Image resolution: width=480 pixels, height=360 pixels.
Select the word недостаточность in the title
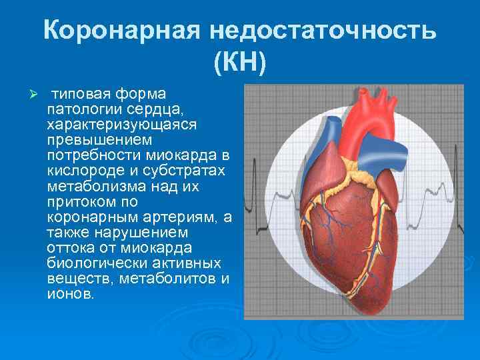point(322,32)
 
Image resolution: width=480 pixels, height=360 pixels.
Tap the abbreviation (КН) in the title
point(240,63)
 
